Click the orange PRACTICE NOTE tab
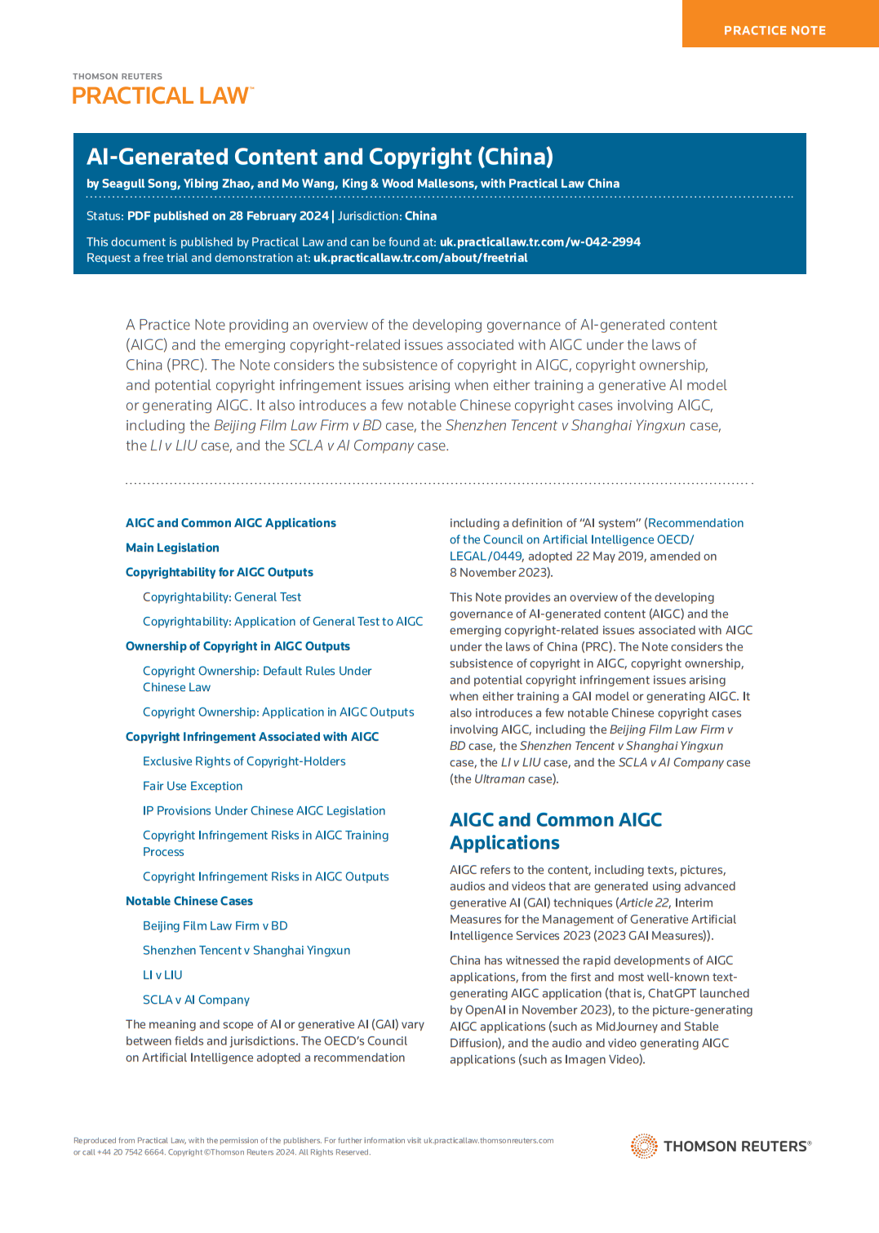pyautogui.click(x=775, y=30)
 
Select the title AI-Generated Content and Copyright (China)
pyautogui.click(x=320, y=157)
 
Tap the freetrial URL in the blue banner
pyautogui.click(x=420, y=258)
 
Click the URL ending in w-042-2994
pyautogui.click(x=539, y=242)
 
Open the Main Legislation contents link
pyautogui.click(x=172, y=548)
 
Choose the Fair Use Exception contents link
pyautogui.click(x=193, y=786)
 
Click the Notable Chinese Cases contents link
pyautogui.click(x=189, y=901)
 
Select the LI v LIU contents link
pyautogui.click(x=162, y=975)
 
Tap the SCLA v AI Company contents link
pyautogui.click(x=196, y=1000)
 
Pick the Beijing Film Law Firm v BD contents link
pyautogui.click(x=215, y=925)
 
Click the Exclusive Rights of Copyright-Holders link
pyautogui.click(x=244, y=761)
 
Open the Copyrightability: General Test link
pyautogui.click(x=222, y=597)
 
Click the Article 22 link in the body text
pyautogui.click(x=644, y=903)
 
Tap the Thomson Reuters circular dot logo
pyautogui.click(x=644, y=1146)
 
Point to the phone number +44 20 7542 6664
pyautogui.click(x=131, y=1152)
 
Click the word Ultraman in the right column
pyautogui.click(x=499, y=779)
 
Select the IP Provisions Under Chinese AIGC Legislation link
pyautogui.click(x=264, y=810)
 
